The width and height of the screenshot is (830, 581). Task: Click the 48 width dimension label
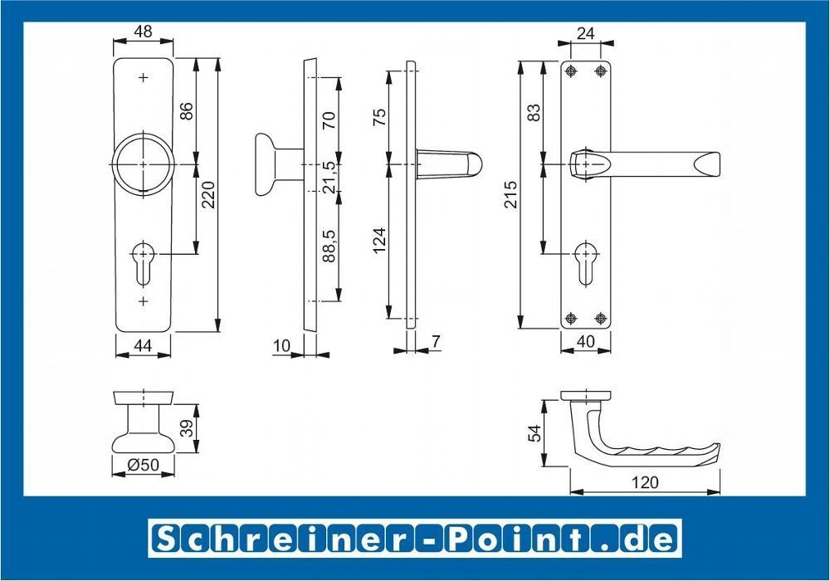click(143, 32)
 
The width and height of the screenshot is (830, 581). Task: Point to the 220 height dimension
click(207, 195)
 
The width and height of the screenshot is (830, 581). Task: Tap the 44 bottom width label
click(143, 345)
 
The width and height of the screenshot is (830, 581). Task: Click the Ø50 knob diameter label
click(143, 464)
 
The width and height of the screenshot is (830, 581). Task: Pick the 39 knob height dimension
click(186, 428)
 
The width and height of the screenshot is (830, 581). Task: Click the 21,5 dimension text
click(329, 177)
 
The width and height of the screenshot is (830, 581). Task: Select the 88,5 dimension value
click(329, 246)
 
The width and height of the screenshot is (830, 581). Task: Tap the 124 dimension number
click(379, 242)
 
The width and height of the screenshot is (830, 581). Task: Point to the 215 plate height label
click(510, 194)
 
